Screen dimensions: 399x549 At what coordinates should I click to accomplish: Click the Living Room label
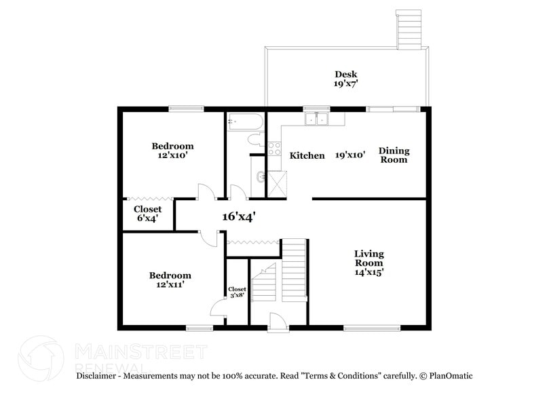coord(368,263)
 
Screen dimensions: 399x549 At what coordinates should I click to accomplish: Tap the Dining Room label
coord(394,155)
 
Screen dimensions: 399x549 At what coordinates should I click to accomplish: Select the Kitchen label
coord(307,156)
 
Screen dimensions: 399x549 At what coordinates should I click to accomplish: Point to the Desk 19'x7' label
coord(345,79)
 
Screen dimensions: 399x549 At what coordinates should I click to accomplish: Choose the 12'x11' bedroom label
coord(170,280)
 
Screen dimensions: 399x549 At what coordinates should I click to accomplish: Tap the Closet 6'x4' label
coord(147,214)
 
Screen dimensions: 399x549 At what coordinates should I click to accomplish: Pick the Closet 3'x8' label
coord(237,292)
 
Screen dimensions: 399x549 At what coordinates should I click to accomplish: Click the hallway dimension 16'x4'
coord(238,216)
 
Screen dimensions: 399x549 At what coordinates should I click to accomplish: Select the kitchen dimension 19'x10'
coord(350,155)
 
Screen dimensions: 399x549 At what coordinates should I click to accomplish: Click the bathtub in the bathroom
coord(244,123)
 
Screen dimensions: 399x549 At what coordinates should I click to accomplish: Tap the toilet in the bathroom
coord(256,140)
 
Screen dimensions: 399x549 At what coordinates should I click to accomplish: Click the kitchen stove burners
coord(275,148)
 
